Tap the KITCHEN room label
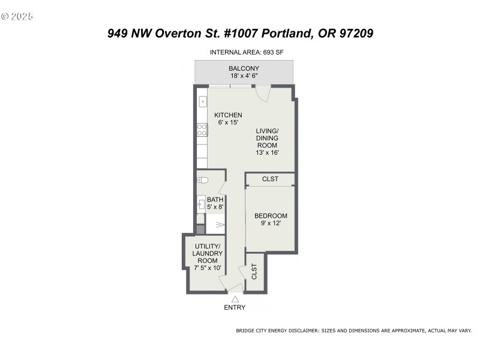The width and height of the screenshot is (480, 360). [228, 119]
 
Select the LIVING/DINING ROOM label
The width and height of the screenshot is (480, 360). [268, 142]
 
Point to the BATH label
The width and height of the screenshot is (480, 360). [215, 203]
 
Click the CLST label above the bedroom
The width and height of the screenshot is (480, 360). [270, 179]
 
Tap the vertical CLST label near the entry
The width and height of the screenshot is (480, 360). [254, 272]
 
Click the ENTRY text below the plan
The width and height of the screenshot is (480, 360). [235, 308]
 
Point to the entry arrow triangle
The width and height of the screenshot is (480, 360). [235, 298]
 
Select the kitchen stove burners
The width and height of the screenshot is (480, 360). [202, 130]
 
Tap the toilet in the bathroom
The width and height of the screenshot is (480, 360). [203, 179]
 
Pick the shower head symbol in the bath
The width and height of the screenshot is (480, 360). [220, 225]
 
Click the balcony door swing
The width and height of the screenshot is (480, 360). [263, 93]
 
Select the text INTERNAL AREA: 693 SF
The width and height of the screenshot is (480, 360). [247, 52]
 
